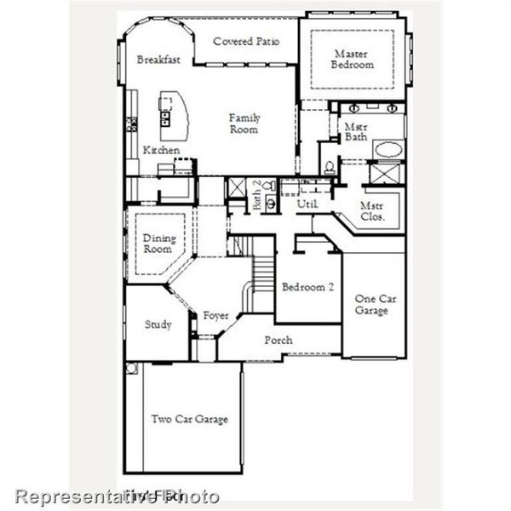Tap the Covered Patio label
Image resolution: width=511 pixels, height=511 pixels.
246,41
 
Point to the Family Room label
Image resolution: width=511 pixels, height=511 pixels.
244,124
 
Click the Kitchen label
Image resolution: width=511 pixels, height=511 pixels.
161,150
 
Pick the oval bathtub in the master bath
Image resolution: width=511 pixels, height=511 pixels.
391,150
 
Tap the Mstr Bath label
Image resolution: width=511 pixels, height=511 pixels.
355,133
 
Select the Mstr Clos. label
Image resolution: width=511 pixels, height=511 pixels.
371,211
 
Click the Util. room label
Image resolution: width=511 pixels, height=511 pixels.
307,204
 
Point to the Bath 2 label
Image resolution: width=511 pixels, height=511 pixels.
258,195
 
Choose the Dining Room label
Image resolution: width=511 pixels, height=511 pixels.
158,244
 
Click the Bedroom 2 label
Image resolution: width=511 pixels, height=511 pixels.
307,287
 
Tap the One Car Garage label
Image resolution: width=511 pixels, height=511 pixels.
372,304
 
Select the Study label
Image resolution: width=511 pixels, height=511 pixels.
158,324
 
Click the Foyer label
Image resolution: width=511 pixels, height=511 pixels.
215,317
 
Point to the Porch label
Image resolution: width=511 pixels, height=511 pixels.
278,340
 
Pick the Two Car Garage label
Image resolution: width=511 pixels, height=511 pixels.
190,419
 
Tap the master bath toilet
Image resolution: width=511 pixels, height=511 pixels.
328,164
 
